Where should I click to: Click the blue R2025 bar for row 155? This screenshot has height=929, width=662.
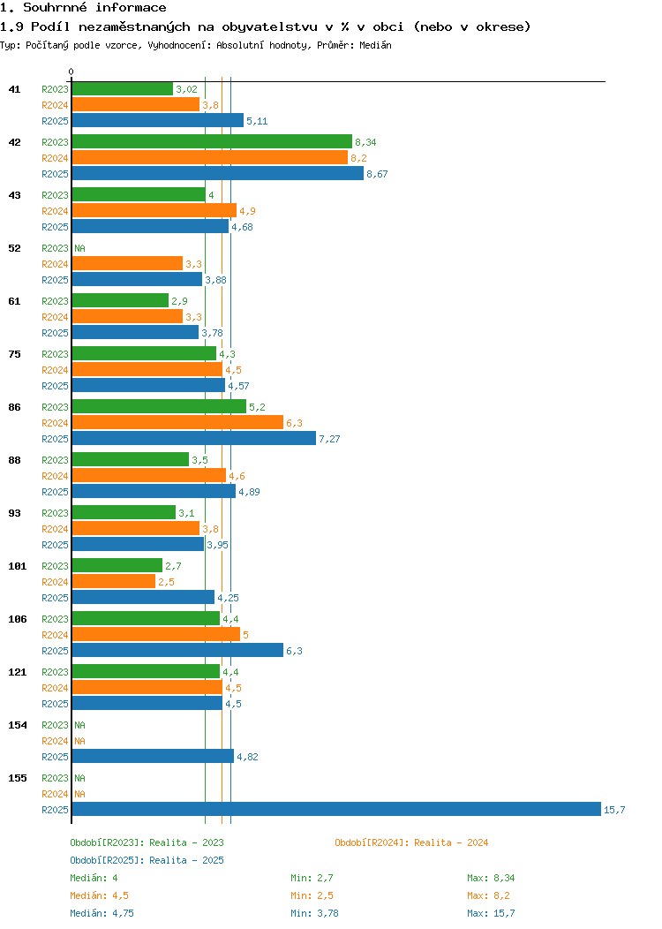[336, 809]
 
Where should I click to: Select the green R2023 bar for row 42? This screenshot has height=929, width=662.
[212, 141]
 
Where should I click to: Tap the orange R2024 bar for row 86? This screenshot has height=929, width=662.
[177, 422]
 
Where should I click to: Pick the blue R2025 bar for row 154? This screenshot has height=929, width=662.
[153, 757]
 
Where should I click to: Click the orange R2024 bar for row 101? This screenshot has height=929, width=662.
[114, 582]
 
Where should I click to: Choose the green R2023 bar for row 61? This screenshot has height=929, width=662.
[120, 301]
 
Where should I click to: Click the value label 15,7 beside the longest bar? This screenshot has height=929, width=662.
[614, 810]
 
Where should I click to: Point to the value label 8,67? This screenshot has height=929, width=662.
[377, 174]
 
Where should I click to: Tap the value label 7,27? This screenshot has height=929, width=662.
[329, 439]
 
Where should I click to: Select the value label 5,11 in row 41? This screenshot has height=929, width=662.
[257, 122]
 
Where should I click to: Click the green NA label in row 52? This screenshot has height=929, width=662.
[80, 248]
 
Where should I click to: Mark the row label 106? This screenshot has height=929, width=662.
[17, 619]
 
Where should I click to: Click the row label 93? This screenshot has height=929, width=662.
[15, 513]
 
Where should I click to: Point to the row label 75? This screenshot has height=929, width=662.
[15, 354]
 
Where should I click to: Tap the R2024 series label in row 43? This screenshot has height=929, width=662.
[55, 212]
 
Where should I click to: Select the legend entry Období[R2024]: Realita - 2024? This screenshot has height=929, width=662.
[411, 842]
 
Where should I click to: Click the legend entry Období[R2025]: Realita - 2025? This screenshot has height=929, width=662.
[147, 860]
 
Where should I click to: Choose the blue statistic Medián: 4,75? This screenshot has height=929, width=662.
[102, 914]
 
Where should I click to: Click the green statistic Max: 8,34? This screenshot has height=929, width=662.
[491, 878]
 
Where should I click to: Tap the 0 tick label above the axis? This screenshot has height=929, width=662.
[71, 72]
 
